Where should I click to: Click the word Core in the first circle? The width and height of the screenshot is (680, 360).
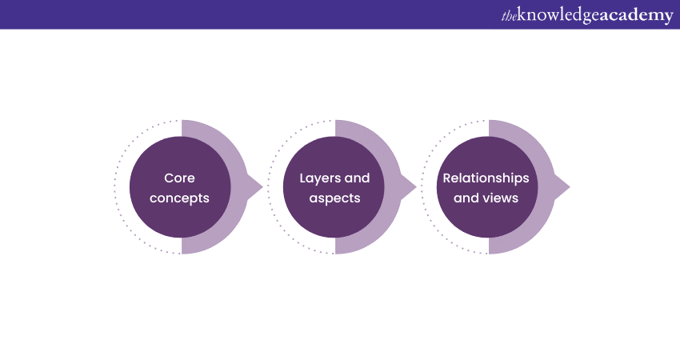(x=179, y=178)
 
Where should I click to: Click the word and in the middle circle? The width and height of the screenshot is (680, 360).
(x=357, y=178)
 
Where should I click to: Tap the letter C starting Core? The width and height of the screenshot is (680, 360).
(x=168, y=178)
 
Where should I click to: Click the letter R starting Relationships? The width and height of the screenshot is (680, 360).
(x=447, y=178)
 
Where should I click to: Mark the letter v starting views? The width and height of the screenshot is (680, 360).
(x=486, y=197)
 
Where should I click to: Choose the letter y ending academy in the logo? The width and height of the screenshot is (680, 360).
(x=669, y=18)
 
